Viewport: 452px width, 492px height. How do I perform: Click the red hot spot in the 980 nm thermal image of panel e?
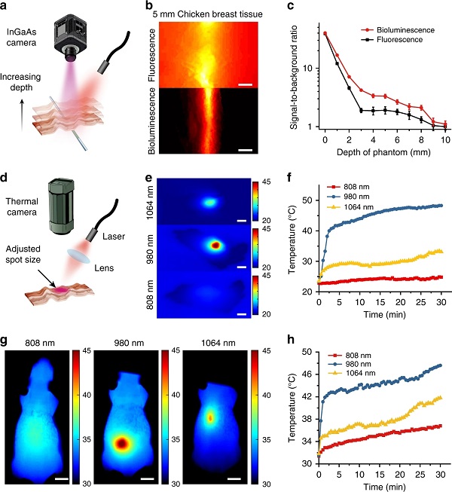215,245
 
